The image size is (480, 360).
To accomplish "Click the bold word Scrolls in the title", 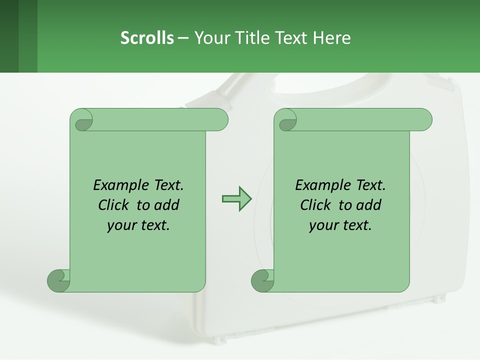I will pos(147,38).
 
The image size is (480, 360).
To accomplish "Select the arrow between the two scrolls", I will pos(236,198).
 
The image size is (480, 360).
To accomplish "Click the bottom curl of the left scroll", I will pos(58,280).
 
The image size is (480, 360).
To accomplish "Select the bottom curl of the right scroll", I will pos(262,280).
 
